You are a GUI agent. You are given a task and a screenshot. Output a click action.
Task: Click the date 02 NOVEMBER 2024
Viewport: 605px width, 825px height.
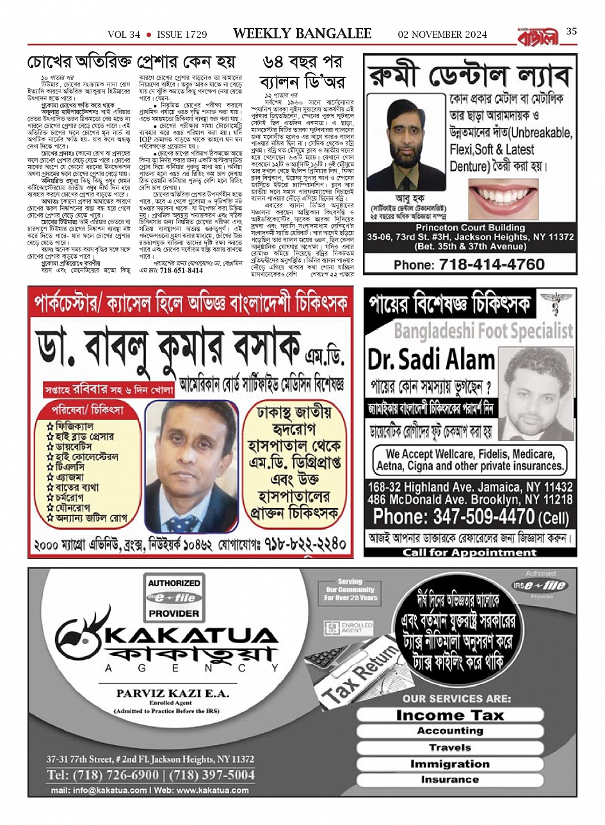442,35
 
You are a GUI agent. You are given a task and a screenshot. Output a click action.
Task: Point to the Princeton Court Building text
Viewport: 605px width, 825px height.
470,227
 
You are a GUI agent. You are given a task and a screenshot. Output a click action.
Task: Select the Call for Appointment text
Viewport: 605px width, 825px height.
469,552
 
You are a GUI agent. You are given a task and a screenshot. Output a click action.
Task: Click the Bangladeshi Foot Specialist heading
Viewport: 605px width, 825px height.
483,331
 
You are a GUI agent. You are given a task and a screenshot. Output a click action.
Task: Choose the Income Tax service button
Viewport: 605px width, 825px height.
449,715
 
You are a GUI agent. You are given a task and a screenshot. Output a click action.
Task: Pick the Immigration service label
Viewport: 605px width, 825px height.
449,764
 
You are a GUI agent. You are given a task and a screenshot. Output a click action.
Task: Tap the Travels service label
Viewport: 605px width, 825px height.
449,747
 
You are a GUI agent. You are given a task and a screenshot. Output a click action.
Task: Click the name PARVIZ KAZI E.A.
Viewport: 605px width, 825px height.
174,693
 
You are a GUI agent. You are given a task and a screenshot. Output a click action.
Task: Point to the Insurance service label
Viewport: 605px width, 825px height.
449,780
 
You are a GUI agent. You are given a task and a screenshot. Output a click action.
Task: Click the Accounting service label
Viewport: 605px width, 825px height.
449,731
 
